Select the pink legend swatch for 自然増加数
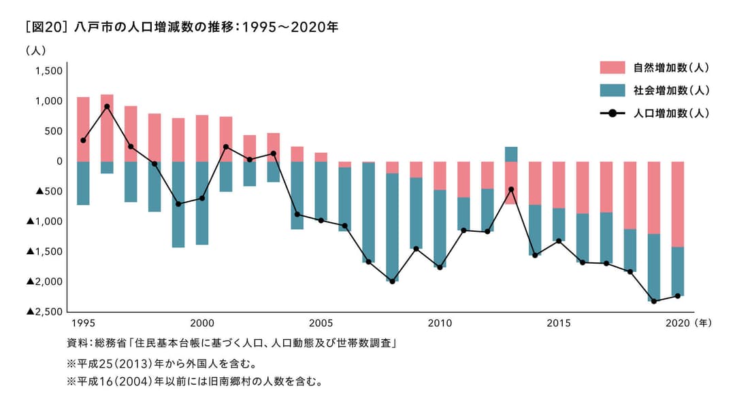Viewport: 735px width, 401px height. click(x=612, y=67)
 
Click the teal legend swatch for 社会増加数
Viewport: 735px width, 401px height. click(x=612, y=90)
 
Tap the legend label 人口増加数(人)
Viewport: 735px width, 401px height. click(x=670, y=113)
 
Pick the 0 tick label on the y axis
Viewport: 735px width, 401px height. click(x=59, y=161)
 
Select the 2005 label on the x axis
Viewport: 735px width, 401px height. click(x=321, y=322)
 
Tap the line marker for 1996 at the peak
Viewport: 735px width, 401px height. click(x=107, y=107)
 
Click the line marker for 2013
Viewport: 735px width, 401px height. click(x=511, y=190)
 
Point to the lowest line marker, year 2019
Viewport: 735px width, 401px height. click(x=654, y=301)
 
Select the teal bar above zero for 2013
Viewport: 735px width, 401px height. click(x=511, y=154)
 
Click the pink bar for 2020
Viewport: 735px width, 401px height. click(x=678, y=204)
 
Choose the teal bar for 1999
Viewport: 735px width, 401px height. click(x=178, y=204)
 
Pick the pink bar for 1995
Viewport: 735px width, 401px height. click(x=83, y=129)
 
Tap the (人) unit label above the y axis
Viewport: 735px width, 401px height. click(x=35, y=50)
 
